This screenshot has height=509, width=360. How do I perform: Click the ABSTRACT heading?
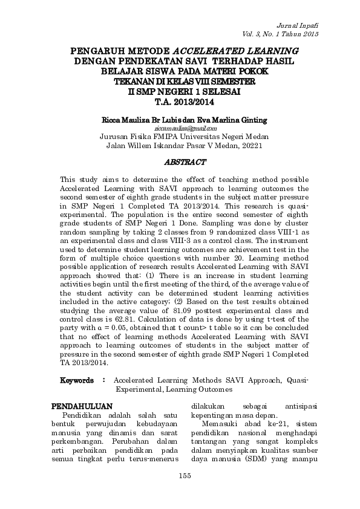click(x=186, y=162)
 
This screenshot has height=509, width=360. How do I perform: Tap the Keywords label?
click(x=77, y=381)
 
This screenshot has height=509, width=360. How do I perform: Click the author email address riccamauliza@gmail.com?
click(x=185, y=128)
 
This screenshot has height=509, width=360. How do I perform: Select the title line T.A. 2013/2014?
click(x=185, y=102)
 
